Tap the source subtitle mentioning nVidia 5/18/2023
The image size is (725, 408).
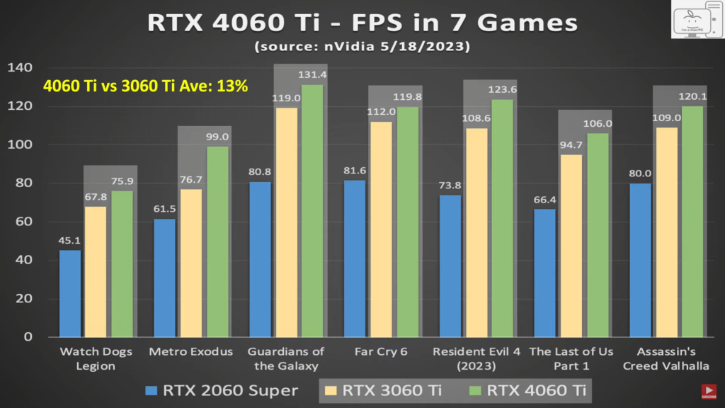pyautogui.click(x=362, y=47)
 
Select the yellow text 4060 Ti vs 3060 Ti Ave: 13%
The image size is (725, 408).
pyautogui.click(x=145, y=86)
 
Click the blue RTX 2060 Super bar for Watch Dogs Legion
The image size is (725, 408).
pyautogui.click(x=70, y=293)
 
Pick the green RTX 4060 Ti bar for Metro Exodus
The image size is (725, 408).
pyautogui.click(x=217, y=242)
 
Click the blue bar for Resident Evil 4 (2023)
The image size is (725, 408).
pyautogui.click(x=450, y=266)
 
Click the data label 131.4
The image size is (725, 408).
pyautogui.click(x=312, y=75)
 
